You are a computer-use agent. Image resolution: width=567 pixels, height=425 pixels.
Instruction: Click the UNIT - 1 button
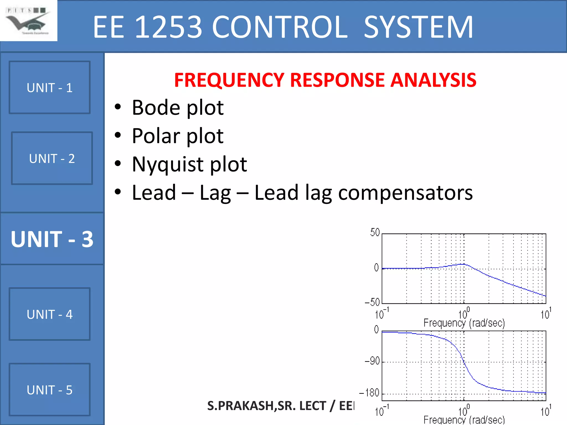50,87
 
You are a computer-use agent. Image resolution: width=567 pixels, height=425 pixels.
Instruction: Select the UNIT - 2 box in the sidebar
52,158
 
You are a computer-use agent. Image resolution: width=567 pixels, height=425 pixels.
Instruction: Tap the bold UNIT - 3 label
52,239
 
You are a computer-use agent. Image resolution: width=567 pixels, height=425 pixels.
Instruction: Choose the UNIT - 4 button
50,314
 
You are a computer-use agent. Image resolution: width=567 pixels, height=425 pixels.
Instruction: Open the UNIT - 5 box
50,390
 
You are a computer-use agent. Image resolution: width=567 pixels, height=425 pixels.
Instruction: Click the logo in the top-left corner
28,21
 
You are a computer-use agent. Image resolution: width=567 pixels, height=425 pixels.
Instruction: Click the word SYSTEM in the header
418,27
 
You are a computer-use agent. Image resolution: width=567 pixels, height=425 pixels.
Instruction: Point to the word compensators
405,193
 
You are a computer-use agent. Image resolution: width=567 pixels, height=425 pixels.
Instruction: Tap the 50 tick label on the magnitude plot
375,232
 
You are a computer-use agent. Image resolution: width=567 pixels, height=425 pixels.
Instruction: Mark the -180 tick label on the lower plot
369,393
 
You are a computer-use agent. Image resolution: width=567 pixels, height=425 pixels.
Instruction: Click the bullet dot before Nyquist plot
118,164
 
